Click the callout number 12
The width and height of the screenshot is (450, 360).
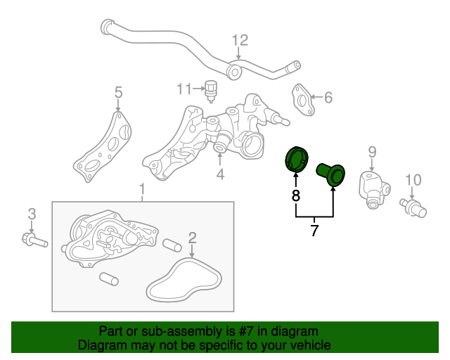click(x=240, y=40)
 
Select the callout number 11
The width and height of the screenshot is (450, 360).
click(x=184, y=89)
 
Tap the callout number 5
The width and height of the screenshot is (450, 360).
click(x=118, y=92)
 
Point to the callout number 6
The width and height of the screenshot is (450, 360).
click(x=328, y=97)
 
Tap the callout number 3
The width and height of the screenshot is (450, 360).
click(x=31, y=214)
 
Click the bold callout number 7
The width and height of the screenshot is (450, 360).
click(x=314, y=230)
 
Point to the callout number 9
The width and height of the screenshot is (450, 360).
click(x=372, y=151)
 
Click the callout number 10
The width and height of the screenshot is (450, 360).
click(x=413, y=179)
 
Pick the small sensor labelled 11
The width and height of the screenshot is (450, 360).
click(x=212, y=89)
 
